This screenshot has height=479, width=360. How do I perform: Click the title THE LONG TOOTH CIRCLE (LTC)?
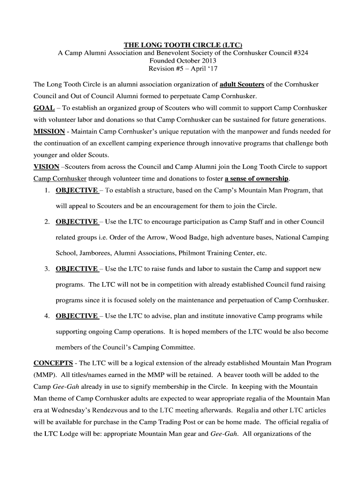pos(183,45)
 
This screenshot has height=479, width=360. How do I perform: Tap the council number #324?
pos(299,53)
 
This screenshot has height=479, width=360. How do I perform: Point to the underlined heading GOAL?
pos(44,108)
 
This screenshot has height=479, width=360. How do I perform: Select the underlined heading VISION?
pos(46,167)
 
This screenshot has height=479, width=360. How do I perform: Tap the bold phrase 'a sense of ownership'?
pos(257,179)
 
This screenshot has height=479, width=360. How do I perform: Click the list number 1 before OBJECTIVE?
pos(47,191)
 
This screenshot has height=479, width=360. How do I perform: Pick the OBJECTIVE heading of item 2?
pos(77,222)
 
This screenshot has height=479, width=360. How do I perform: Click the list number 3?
pos(47,269)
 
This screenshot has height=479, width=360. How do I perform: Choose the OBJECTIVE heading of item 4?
pos(77,316)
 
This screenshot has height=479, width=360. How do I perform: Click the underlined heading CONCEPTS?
pos(53,363)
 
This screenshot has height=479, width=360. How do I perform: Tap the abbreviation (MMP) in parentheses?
pos(45,375)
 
